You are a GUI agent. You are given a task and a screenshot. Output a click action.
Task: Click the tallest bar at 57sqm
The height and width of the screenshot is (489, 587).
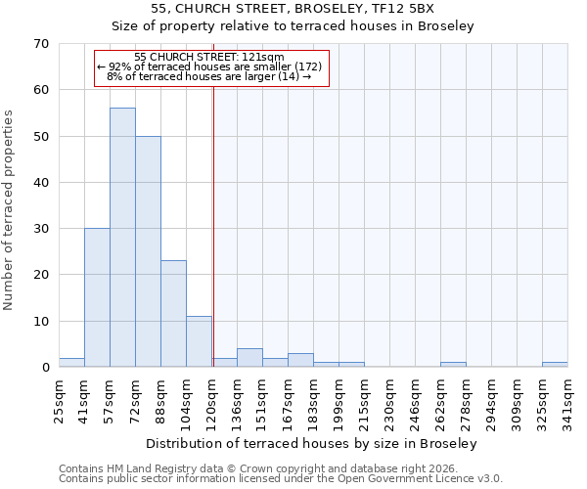click(x=122, y=238)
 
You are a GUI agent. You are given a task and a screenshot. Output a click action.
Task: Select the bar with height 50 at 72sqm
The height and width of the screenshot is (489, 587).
click(x=148, y=251)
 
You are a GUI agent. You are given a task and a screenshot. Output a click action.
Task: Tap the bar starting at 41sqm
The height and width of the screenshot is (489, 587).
click(x=97, y=297)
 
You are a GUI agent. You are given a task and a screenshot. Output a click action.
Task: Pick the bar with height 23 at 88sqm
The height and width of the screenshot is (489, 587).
click(x=173, y=314)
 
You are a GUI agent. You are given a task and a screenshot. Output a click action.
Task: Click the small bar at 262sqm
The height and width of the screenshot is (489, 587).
click(x=453, y=365)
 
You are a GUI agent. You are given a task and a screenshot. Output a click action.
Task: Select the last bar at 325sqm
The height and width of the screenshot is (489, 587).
click(x=555, y=365)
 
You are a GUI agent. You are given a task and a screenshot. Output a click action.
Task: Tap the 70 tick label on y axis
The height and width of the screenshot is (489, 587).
click(x=40, y=44)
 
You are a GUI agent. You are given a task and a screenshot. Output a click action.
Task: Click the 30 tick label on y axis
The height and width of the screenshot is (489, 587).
click(x=40, y=229)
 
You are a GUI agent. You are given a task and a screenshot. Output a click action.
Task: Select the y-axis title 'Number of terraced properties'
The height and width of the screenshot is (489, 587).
click(x=10, y=210)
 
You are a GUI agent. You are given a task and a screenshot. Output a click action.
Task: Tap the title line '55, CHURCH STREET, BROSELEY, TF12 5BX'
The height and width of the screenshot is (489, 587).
click(x=299, y=9)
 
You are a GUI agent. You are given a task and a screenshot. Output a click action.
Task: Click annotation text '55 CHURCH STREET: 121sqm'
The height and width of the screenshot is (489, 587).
click(x=209, y=58)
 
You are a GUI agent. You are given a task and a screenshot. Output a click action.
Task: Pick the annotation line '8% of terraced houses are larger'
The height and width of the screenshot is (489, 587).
click(x=209, y=76)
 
